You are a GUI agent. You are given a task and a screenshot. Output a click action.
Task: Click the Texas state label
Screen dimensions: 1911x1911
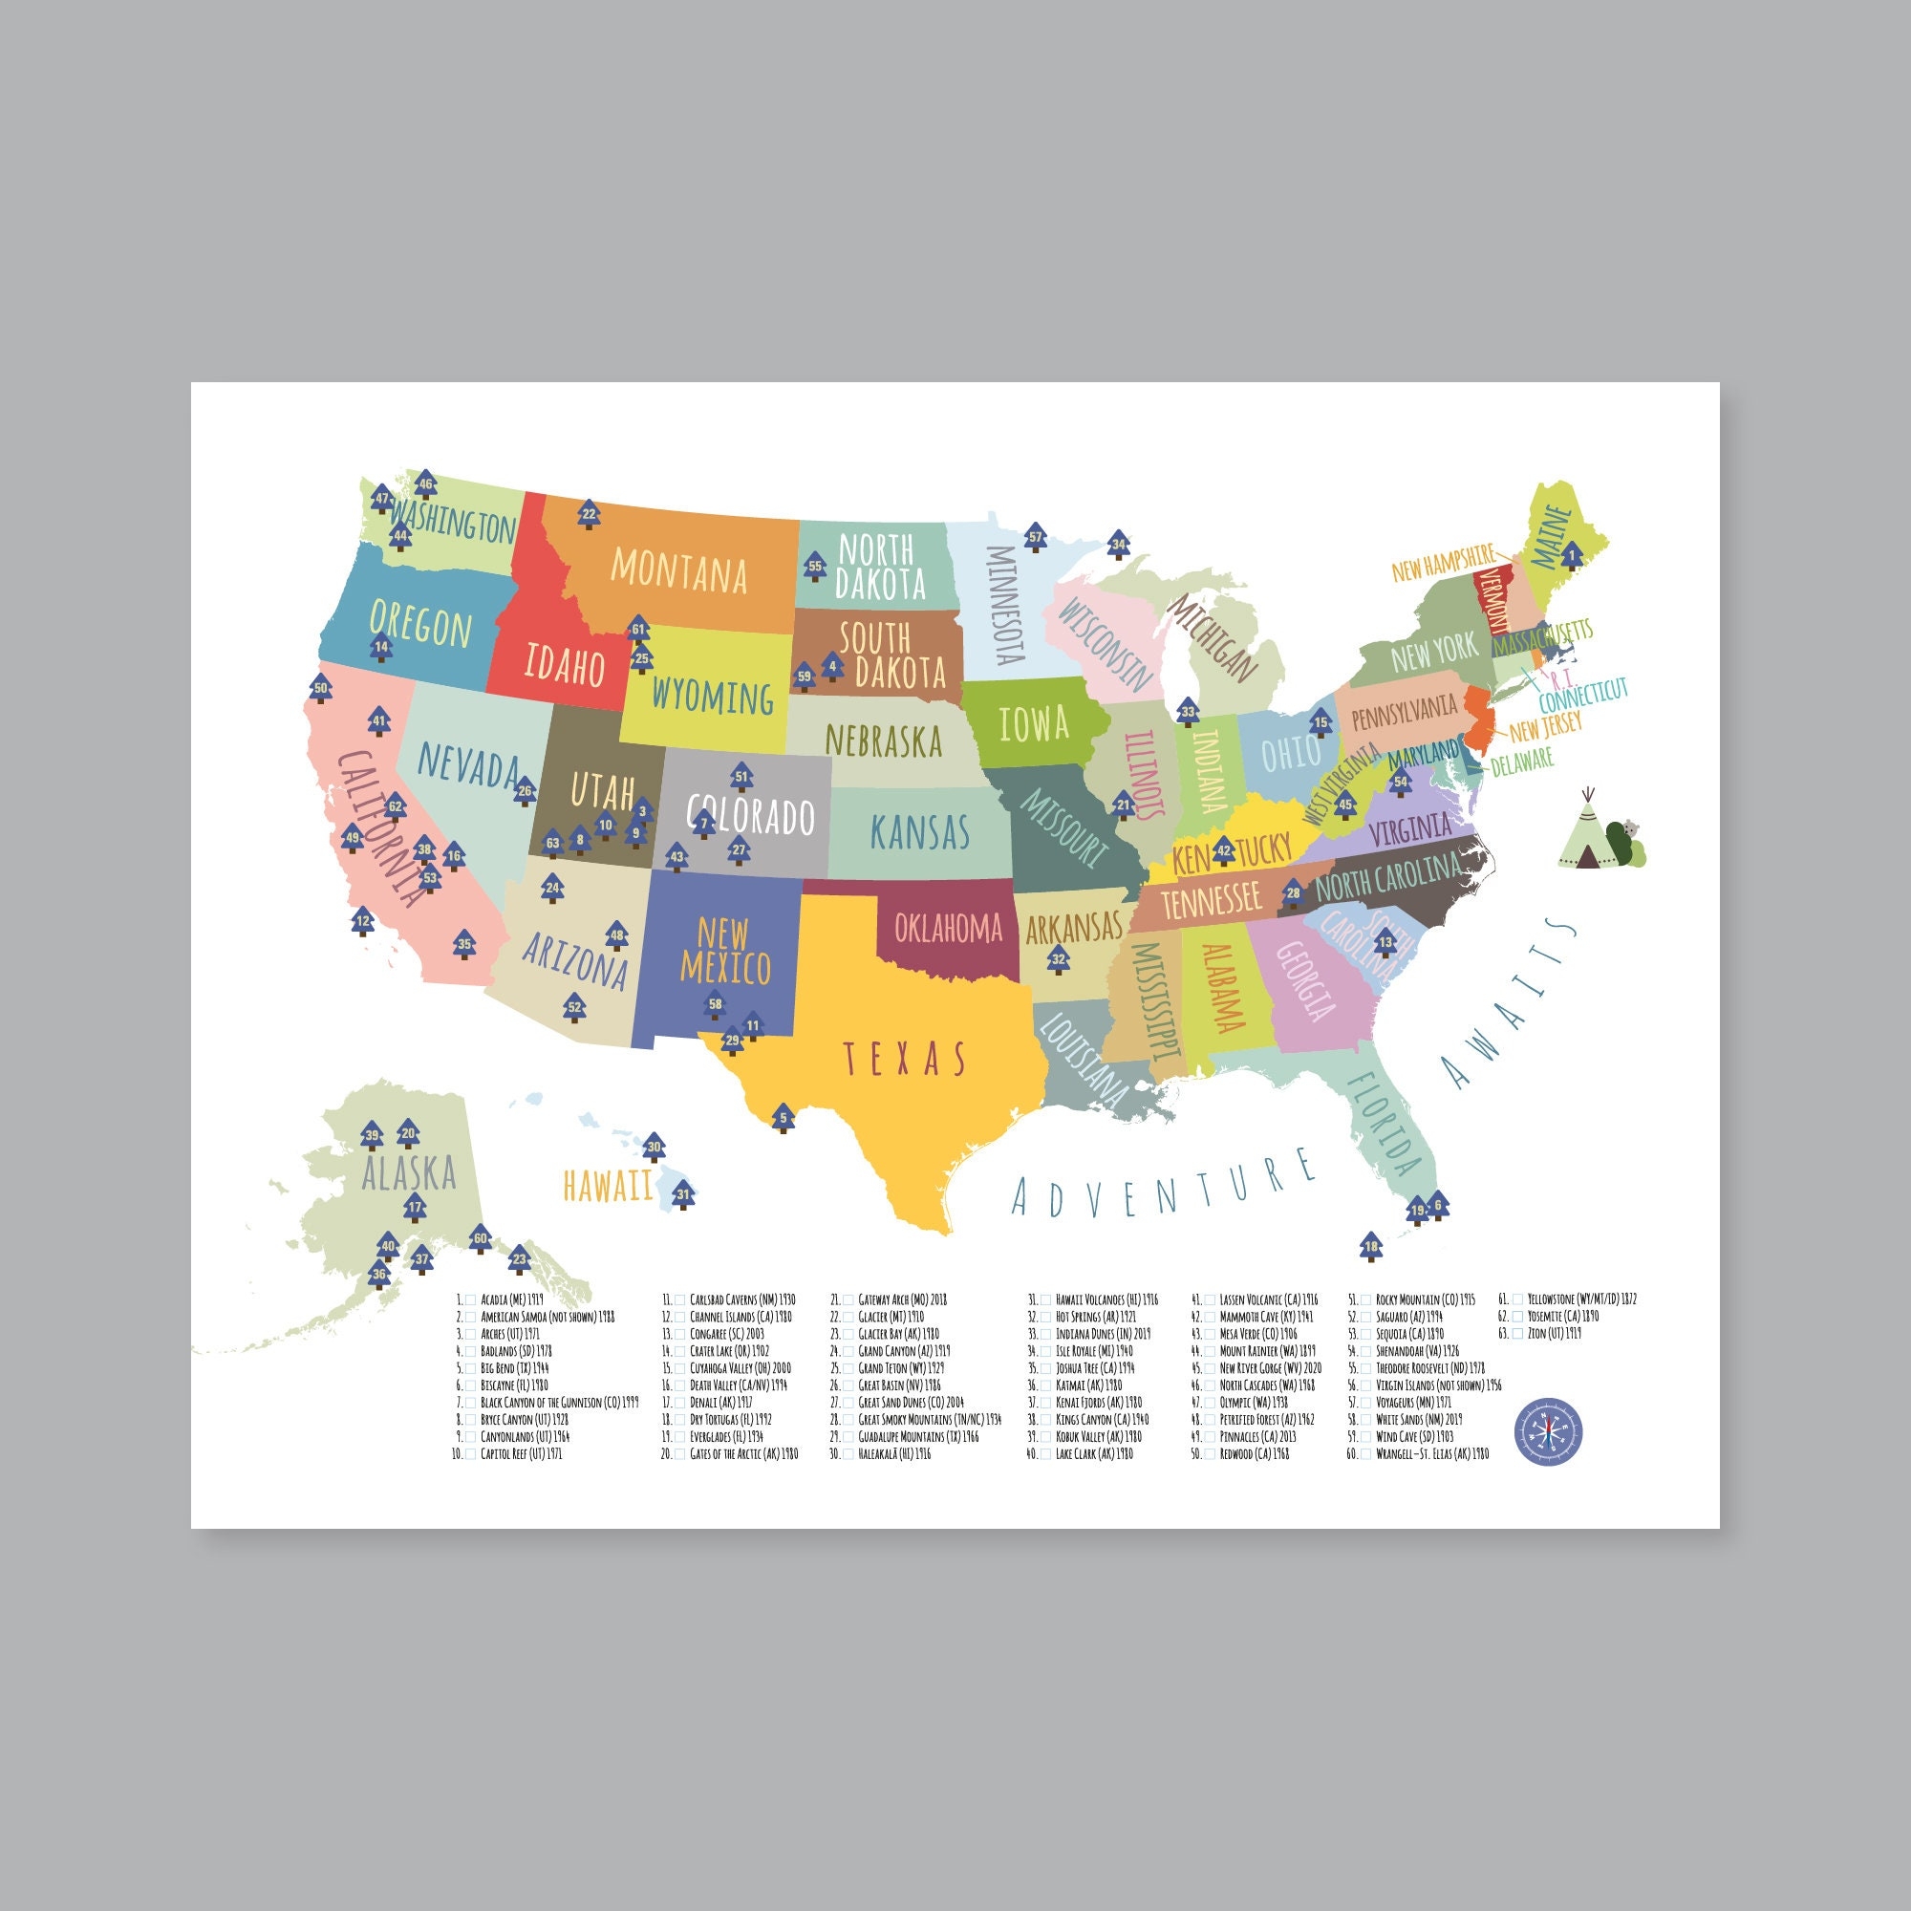pos(904,1059)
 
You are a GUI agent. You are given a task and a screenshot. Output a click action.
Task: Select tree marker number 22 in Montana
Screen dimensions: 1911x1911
pos(589,514)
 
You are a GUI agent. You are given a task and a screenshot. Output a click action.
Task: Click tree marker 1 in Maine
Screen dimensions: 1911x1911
pos(1571,557)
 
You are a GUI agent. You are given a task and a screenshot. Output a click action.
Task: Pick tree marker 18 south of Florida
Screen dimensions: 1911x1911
pos(1370,1245)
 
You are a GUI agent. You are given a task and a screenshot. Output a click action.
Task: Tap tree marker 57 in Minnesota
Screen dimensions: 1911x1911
pos(1035,537)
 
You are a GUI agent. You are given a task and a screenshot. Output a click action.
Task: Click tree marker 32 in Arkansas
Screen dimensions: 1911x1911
pos(1059,957)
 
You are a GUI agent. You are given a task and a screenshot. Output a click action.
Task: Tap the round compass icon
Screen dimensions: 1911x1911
pos(1548,1431)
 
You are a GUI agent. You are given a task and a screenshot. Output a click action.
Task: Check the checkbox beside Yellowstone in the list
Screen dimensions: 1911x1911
pos(1517,1299)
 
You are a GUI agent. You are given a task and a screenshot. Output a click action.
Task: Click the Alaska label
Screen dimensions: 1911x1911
pos(409,1173)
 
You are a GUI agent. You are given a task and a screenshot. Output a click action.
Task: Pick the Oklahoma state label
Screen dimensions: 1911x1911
pos(948,928)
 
